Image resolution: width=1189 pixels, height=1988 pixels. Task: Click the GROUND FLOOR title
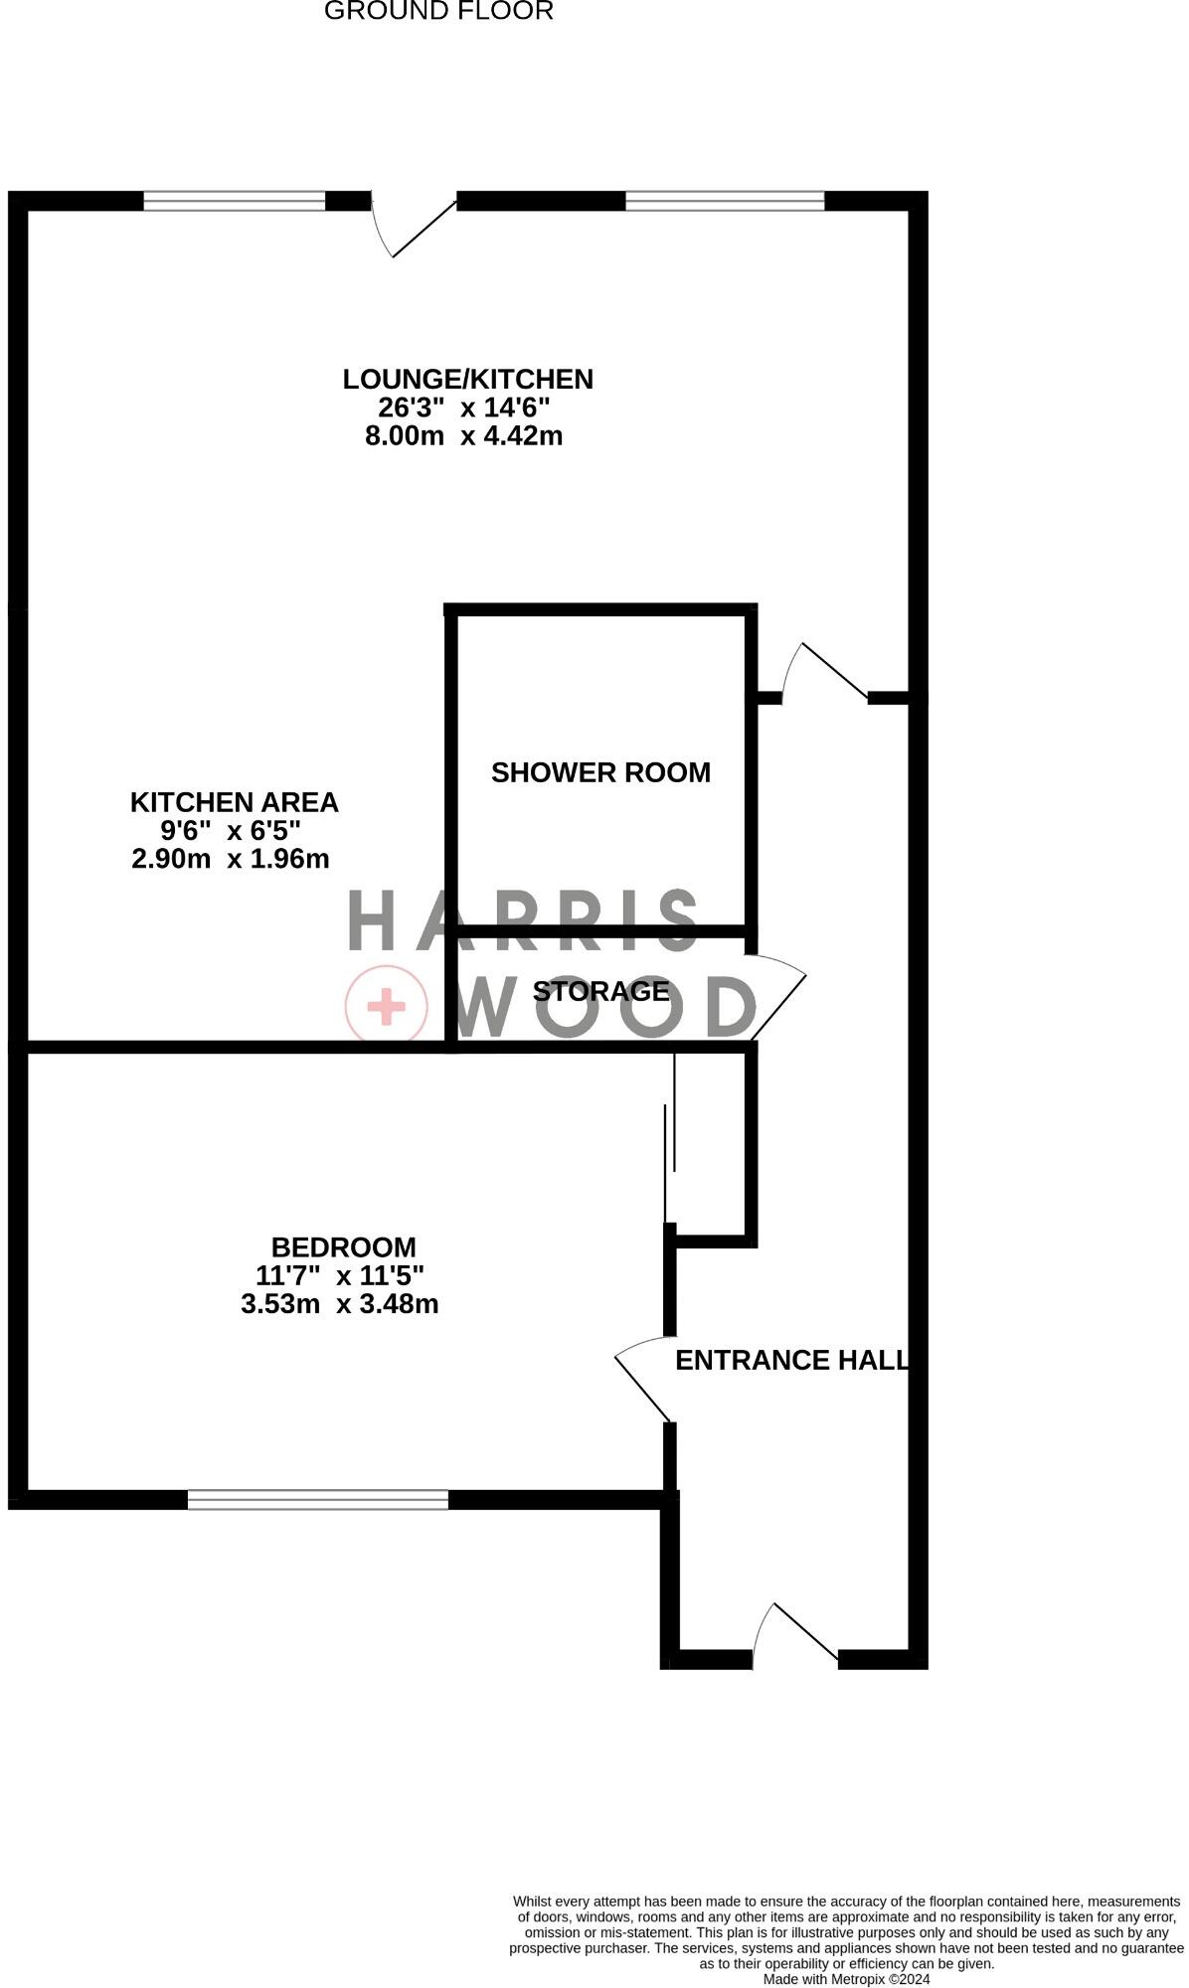[438, 12]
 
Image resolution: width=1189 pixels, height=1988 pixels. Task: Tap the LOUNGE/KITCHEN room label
[467, 379]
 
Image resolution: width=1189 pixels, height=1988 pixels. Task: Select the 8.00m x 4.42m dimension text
[464, 435]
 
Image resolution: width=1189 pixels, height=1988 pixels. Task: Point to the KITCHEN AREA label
[235, 802]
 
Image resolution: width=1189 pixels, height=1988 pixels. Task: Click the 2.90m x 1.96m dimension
[231, 859]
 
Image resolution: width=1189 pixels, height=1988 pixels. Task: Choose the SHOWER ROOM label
[600, 772]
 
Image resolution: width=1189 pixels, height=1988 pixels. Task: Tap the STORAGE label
[600, 991]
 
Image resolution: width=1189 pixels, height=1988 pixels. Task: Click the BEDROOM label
[344, 1246]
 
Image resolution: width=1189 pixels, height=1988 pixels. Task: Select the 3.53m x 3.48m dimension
[340, 1303]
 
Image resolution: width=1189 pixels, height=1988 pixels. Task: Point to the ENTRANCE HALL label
[792, 1360]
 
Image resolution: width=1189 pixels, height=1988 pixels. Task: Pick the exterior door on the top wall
[413, 225]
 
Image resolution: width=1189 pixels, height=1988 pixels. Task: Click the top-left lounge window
[235, 201]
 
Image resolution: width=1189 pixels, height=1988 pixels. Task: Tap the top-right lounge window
[726, 201]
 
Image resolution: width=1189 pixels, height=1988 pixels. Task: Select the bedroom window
[318, 1500]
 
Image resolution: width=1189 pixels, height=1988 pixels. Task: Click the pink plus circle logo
[387, 1007]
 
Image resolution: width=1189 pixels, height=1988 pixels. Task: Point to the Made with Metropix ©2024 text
[847, 1979]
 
